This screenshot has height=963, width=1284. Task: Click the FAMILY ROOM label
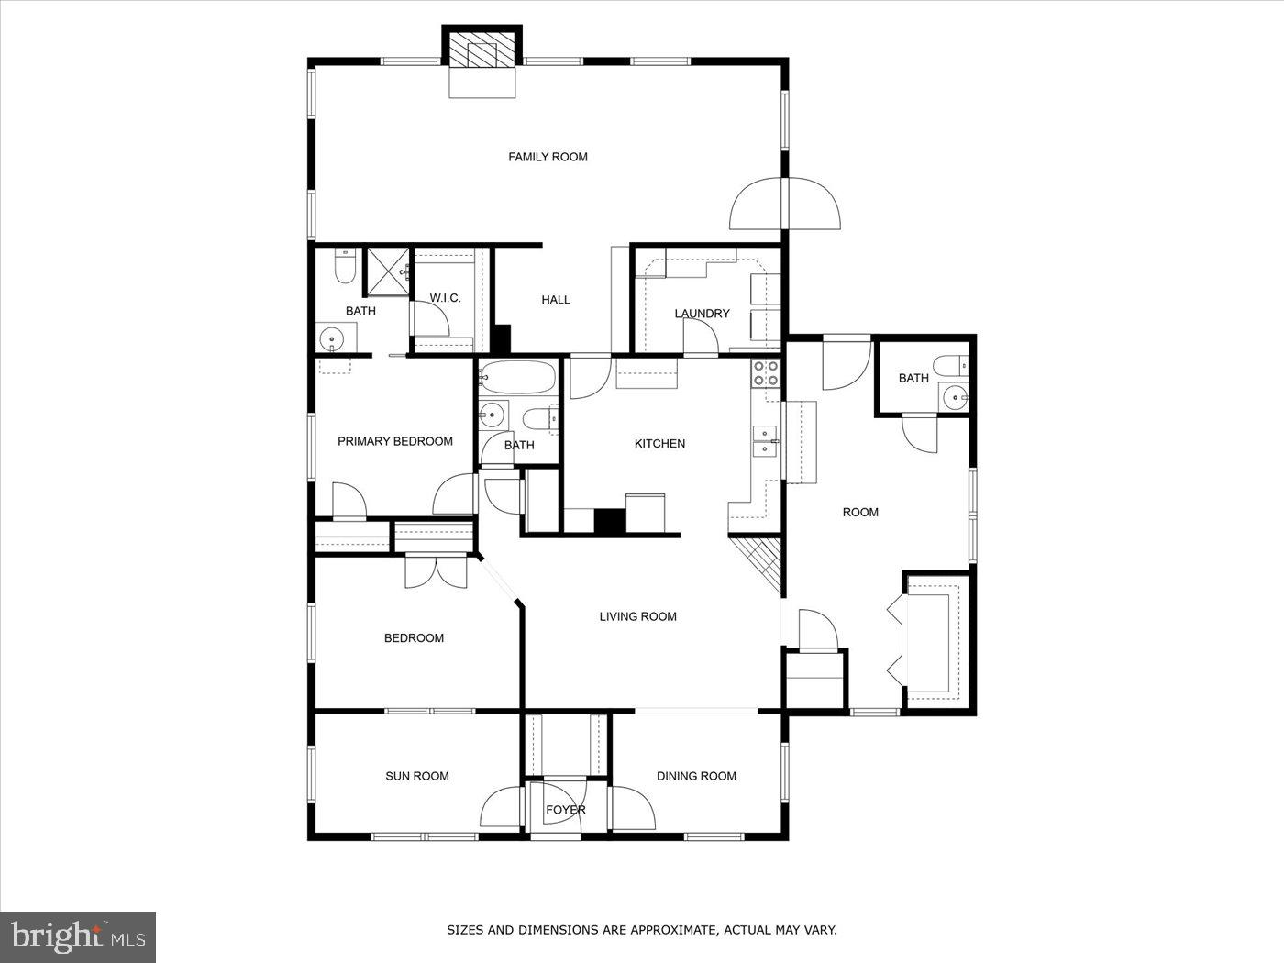coord(548,157)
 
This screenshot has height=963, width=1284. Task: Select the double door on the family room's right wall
coord(785,204)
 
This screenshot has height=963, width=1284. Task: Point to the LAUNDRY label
coord(702,314)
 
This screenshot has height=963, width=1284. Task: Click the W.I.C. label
coord(445,298)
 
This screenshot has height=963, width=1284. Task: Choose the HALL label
coord(555,300)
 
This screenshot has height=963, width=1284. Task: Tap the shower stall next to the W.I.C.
coord(387,271)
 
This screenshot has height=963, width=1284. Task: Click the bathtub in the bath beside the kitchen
coord(518,377)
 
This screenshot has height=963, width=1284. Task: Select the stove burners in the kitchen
coord(766,373)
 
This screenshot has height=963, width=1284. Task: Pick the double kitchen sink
coord(765,440)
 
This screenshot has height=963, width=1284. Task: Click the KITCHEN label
coord(659,444)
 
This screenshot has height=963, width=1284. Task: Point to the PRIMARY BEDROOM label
coord(394,441)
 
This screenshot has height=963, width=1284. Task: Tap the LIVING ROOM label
coord(637,616)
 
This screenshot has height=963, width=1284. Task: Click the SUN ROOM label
coord(416,776)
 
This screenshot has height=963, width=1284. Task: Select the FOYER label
coord(565,810)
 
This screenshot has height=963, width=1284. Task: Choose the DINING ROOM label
coord(696,776)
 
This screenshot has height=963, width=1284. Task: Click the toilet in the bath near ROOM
coord(957,365)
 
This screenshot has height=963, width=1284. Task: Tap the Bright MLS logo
coord(78,936)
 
